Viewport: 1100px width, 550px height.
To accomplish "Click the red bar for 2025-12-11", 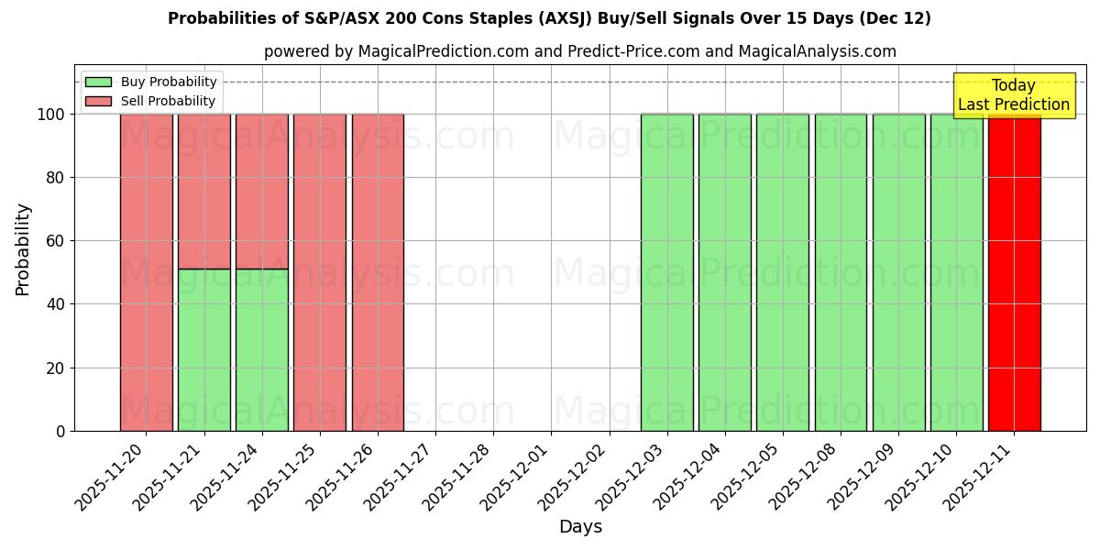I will [x=1014, y=272].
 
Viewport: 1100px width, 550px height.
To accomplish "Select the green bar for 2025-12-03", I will [x=666, y=272].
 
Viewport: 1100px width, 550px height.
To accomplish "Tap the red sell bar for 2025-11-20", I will [x=146, y=272].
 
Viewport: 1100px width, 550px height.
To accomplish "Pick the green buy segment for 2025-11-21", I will [x=203, y=349].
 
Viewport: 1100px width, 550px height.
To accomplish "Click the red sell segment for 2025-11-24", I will [x=261, y=191].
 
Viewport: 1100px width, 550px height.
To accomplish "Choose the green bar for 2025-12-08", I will [x=841, y=272].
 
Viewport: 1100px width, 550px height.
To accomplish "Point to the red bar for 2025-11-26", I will [x=378, y=272].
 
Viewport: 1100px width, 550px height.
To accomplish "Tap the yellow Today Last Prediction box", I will [x=1013, y=95].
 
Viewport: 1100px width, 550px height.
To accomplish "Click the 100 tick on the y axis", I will [x=50, y=115].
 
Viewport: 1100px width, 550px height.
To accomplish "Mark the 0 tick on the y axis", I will [x=60, y=431].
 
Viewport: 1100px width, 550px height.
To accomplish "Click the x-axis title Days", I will [x=580, y=527].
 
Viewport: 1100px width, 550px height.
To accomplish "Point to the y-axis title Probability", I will [x=23, y=248].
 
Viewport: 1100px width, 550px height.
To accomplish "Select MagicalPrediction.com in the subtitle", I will [x=444, y=51].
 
